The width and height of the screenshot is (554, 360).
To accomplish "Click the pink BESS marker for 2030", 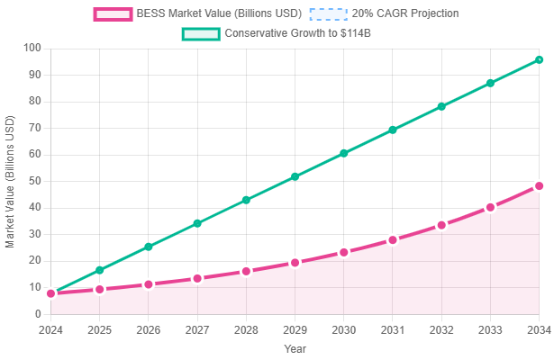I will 344,252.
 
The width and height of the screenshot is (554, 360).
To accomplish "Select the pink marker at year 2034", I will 539,185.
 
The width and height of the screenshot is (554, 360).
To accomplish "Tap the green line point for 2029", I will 295,176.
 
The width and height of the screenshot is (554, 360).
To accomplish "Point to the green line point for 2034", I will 539,59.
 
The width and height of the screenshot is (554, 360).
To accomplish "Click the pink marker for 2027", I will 197,279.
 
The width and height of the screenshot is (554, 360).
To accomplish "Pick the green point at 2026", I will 149,246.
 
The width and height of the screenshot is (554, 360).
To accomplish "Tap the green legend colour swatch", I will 199,34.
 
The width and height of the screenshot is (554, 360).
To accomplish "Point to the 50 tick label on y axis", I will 34,181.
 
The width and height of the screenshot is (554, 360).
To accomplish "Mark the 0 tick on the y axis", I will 37,314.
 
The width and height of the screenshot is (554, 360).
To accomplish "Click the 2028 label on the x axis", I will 246,329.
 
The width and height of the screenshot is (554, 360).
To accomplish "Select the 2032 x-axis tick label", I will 441,329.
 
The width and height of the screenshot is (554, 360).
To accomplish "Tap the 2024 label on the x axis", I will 50,329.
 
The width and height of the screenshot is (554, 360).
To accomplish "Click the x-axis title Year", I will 295,348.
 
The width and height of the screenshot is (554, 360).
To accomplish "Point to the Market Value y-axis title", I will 12,180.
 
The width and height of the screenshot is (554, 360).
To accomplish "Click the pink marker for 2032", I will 441,225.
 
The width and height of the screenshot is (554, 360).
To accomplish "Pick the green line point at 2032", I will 441,106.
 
